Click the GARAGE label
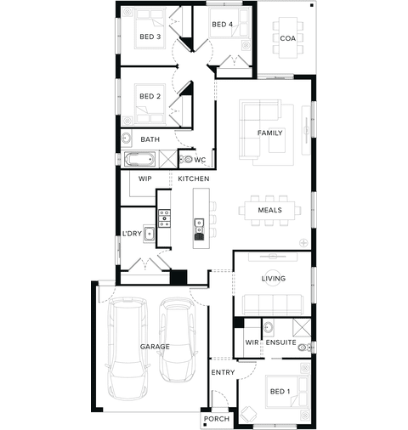click(x=155, y=347)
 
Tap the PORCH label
click(x=217, y=419)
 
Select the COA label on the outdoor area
click(x=288, y=38)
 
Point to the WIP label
click(x=145, y=178)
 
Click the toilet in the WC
click(x=186, y=159)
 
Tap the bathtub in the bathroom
click(x=139, y=159)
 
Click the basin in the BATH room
click(x=126, y=139)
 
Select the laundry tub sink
click(x=149, y=234)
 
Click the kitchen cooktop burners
click(x=164, y=218)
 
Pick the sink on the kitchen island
click(x=199, y=225)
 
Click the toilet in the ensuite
click(x=304, y=347)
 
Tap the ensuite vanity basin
click(x=268, y=327)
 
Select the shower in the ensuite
click(x=302, y=327)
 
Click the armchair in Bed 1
click(x=248, y=415)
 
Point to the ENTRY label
click(x=223, y=372)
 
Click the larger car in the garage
click(x=128, y=348)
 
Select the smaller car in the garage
click(x=178, y=340)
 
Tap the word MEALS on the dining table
click(x=270, y=210)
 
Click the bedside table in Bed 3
click(x=127, y=13)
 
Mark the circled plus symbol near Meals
click(x=303, y=242)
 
